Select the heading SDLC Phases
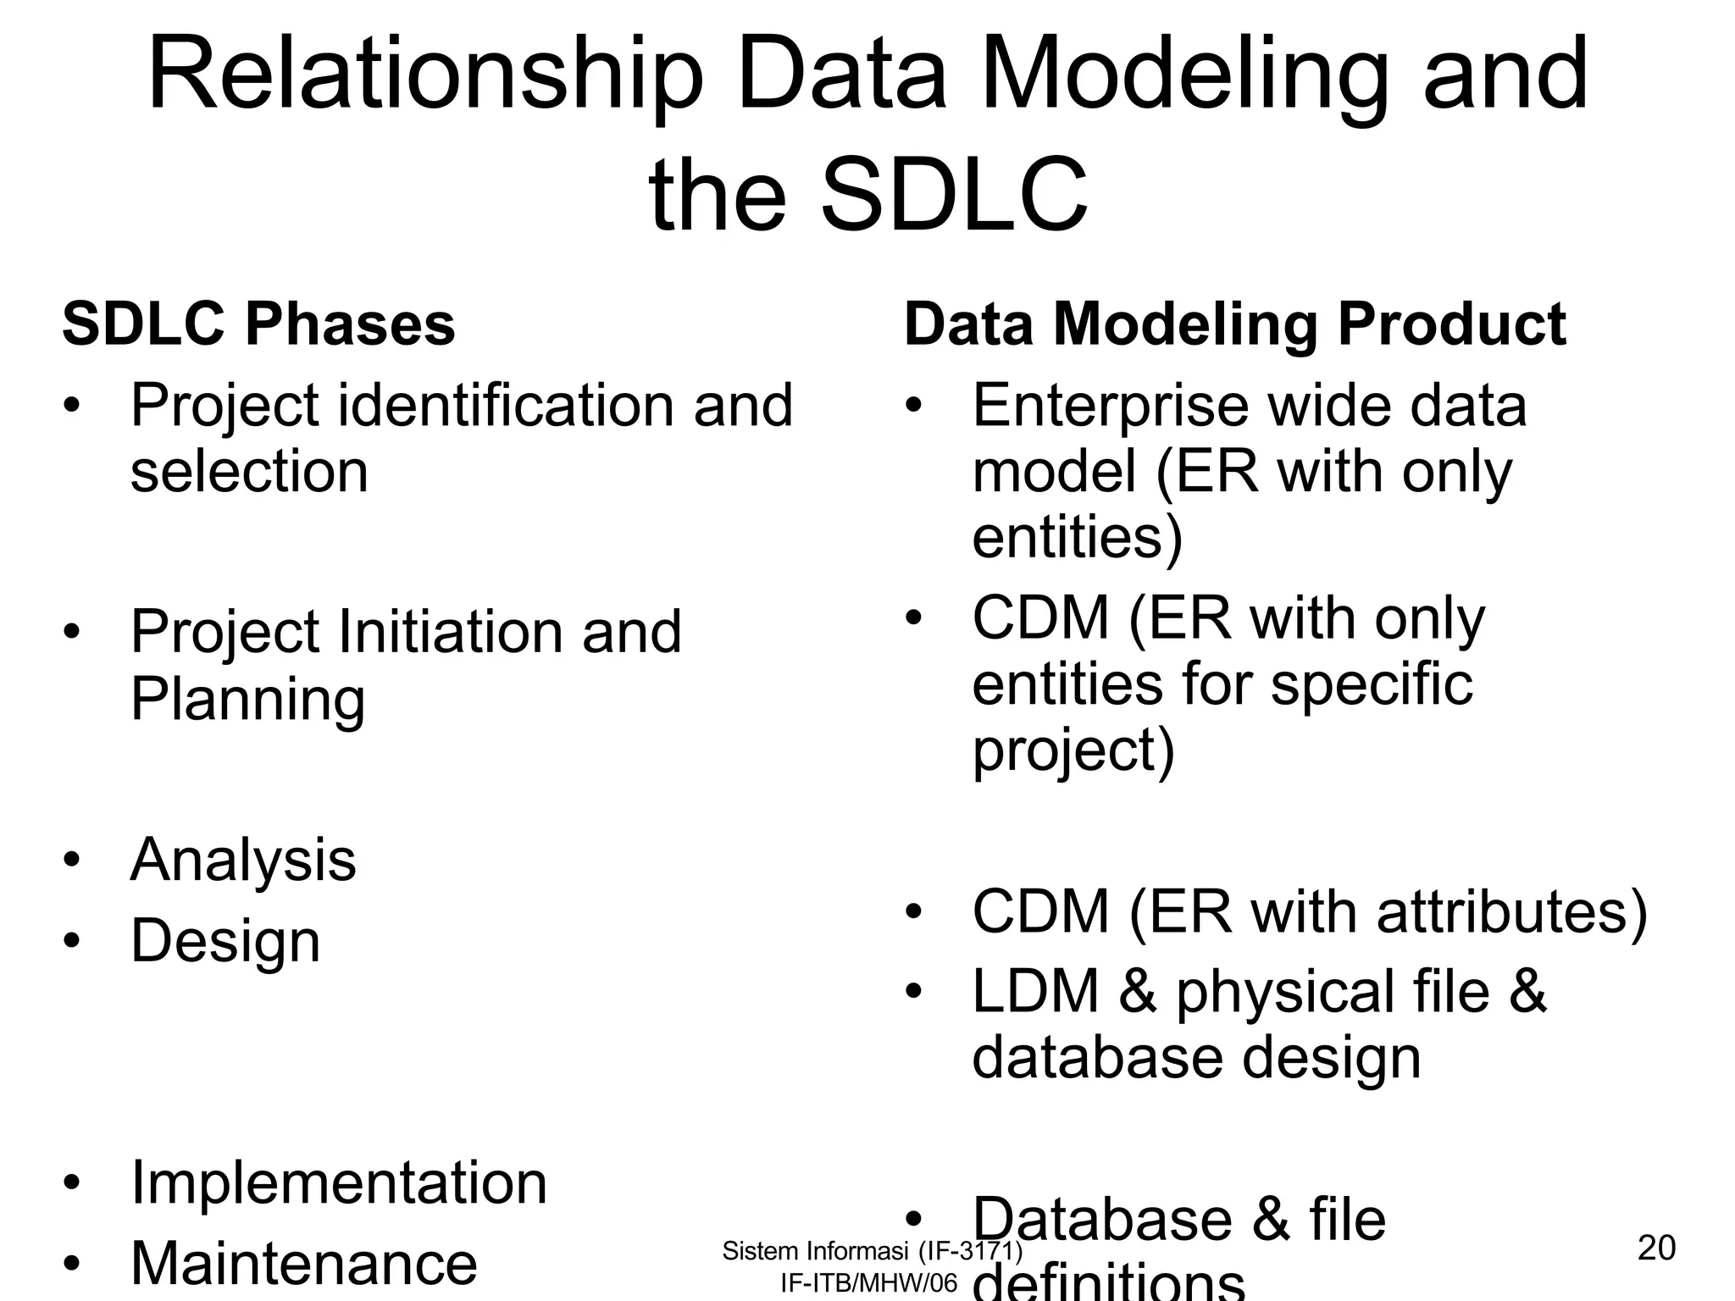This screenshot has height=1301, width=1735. (x=258, y=324)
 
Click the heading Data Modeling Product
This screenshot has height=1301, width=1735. (x=1234, y=324)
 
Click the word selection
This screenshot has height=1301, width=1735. (x=249, y=472)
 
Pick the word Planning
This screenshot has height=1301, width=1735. (x=247, y=700)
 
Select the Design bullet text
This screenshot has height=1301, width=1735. (x=225, y=941)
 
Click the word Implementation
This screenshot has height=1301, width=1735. (x=339, y=1183)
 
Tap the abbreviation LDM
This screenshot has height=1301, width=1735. (x=1034, y=992)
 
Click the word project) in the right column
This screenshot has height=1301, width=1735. (x=1073, y=750)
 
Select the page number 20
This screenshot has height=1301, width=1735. (x=1656, y=1248)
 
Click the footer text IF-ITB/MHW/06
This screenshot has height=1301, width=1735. (x=868, y=1283)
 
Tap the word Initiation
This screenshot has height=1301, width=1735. (x=451, y=633)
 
